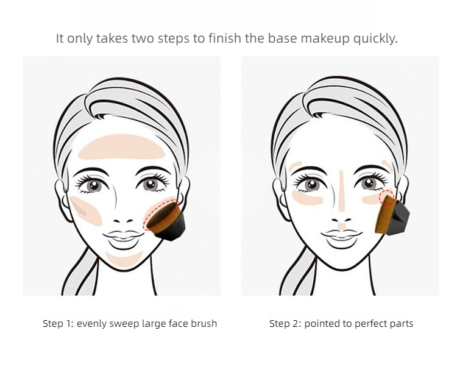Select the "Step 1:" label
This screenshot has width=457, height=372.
pyautogui.click(x=58, y=323)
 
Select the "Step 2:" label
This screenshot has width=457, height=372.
pyautogui.click(x=285, y=323)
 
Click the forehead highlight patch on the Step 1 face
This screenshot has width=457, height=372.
pyautogui.click(x=121, y=147)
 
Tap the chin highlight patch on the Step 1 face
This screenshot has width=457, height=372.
pyautogui.click(x=124, y=259)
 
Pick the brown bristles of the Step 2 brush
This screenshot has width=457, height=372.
pyautogui.click(x=384, y=215)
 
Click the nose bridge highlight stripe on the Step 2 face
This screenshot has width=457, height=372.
pyautogui.click(x=342, y=191)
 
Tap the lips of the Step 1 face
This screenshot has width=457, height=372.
pyautogui.click(x=124, y=237)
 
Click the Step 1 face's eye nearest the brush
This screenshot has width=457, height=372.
pyautogui.click(x=151, y=184)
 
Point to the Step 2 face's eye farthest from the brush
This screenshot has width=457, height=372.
pyautogui.click(x=311, y=185)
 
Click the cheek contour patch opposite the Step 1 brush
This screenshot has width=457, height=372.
pyautogui.click(x=85, y=210)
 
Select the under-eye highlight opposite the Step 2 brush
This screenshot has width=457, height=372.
pyautogui.click(x=307, y=198)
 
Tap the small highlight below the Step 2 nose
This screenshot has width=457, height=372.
pyautogui.click(x=342, y=226)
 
